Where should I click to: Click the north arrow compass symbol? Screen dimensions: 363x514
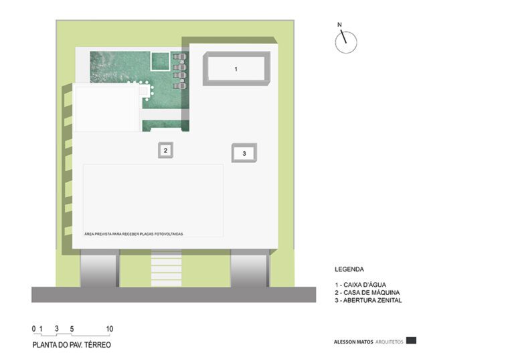(x=346, y=42)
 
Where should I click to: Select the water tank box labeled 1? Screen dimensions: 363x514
(x=236, y=69)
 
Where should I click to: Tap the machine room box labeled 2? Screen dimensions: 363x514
(x=165, y=150)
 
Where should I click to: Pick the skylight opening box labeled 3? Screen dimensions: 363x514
(x=244, y=153)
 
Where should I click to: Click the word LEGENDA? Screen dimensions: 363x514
(x=349, y=269)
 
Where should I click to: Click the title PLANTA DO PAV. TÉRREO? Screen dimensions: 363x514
(x=72, y=345)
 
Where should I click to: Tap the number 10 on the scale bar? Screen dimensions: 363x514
(x=110, y=329)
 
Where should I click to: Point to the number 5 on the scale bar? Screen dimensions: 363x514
(x=72, y=329)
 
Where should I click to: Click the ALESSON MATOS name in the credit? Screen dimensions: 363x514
(x=352, y=342)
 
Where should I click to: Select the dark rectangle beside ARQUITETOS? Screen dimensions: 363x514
(x=411, y=340)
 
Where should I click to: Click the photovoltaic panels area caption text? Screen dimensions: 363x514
(x=134, y=233)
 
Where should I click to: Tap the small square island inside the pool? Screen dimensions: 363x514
(x=160, y=62)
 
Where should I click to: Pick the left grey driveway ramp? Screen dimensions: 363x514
(x=100, y=268)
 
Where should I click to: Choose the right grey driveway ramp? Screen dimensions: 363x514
(x=250, y=268)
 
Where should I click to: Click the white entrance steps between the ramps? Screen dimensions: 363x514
(x=166, y=268)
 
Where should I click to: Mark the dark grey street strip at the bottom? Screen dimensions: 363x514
(x=173, y=294)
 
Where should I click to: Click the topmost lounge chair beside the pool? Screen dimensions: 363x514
(x=178, y=58)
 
